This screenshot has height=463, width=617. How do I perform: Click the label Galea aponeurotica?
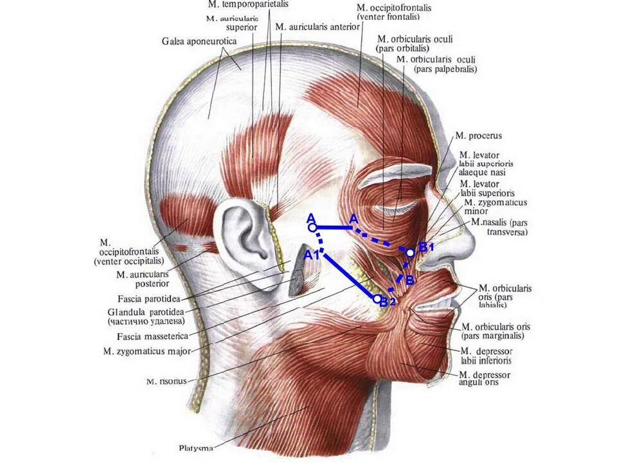pos(199,42)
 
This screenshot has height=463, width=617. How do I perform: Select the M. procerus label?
pos(478,136)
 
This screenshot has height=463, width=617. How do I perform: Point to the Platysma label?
pos(196,448)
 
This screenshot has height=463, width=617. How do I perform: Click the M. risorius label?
pos(166,381)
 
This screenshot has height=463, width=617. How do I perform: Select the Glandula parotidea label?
pos(147,312)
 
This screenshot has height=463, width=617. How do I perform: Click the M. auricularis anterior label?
pos(317,27)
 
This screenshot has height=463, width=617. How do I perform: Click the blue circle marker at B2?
pos(377,298)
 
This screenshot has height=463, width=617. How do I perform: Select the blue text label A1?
pos(311,255)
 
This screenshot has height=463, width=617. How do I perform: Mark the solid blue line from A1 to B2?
pos(350,276)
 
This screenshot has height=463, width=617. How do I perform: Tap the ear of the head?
pos(242,232)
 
